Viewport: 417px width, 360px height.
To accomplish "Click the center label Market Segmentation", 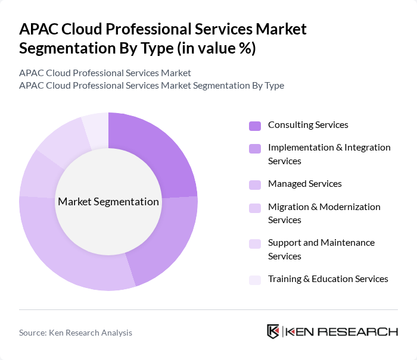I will point(108,202).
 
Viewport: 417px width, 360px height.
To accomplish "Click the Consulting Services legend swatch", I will point(255,126).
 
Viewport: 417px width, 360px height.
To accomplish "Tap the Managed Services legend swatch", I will point(255,184).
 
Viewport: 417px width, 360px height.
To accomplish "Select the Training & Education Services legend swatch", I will point(255,280).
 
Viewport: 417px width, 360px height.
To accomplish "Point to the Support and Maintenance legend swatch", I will point(255,243).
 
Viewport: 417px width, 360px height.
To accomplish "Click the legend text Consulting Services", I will point(308,125).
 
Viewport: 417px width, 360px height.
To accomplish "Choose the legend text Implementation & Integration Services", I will point(329,154).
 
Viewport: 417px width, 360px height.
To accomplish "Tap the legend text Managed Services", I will point(304,184).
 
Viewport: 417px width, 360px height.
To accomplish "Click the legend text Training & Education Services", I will point(328,279).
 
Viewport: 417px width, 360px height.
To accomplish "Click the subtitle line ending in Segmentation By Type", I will point(151,85).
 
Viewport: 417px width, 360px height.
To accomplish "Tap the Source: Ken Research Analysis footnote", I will point(76,333).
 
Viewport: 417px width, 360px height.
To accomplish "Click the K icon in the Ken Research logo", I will point(273,331).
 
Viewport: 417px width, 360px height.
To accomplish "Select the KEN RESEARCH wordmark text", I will point(342,331).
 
